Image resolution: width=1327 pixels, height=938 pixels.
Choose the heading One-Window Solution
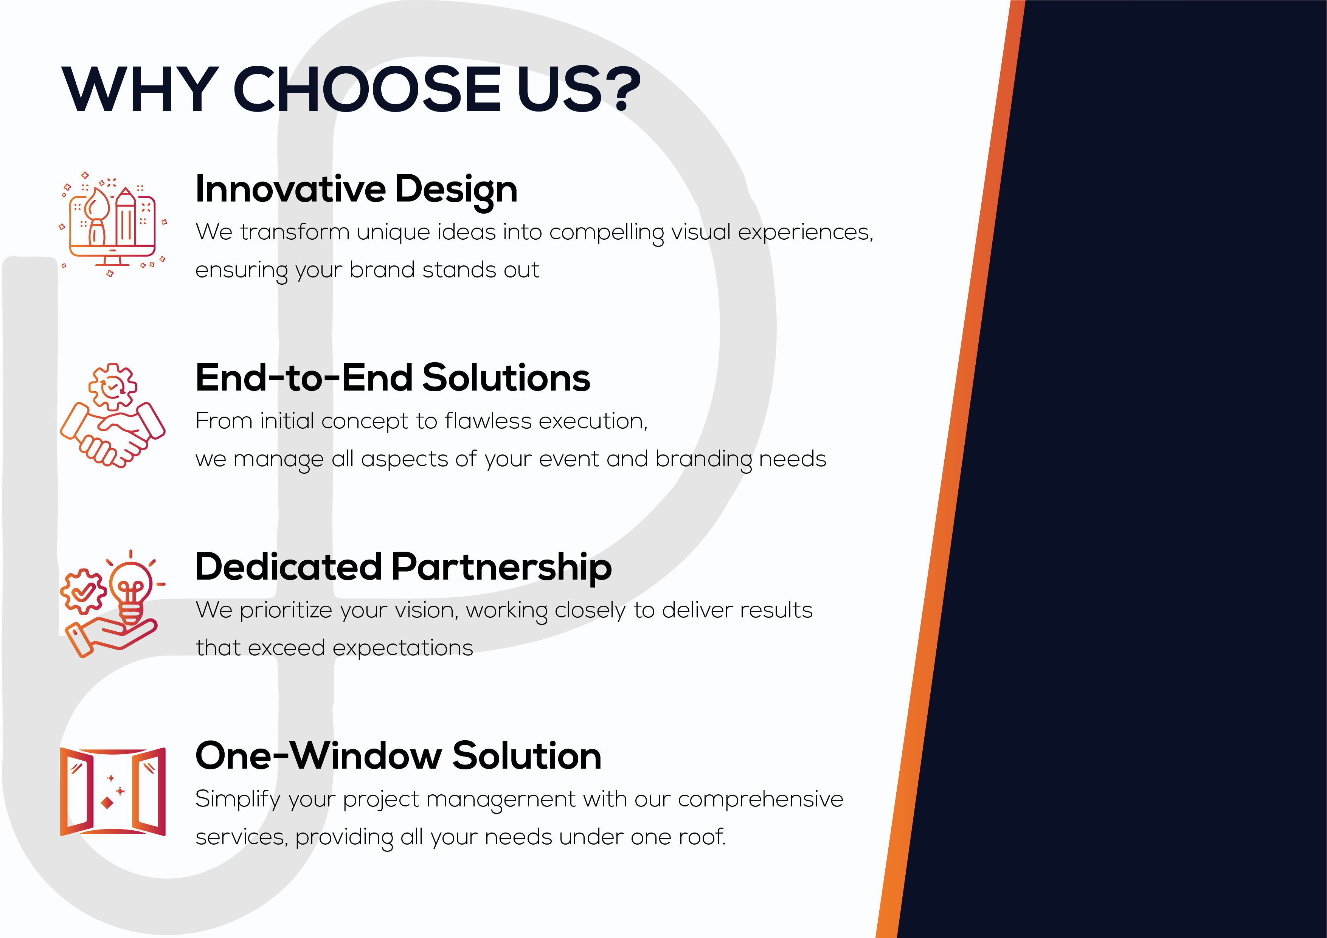coord(398,755)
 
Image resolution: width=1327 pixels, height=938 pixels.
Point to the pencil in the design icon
coord(126,216)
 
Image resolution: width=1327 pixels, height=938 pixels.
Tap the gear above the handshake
coord(113,387)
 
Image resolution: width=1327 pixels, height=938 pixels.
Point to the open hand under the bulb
coord(110,636)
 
